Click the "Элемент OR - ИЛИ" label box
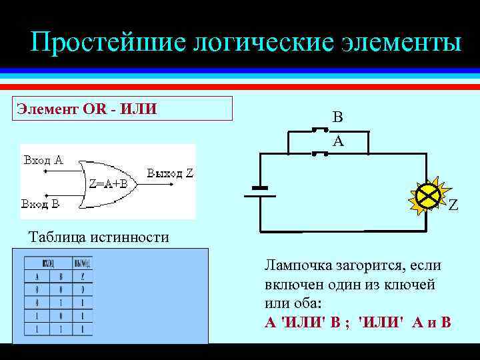[124, 108]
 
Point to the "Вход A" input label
[43, 160]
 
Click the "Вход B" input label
[41, 203]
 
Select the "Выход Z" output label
[170, 173]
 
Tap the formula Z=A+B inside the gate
[109, 185]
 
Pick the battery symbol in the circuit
[259, 191]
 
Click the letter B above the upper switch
[338, 118]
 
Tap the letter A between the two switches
[338, 141]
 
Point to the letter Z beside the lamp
[453, 206]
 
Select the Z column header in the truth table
[83, 277]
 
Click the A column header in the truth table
[37, 277]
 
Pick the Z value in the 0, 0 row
[83, 290]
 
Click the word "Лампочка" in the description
[297, 265]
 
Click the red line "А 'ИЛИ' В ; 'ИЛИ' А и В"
[358, 323]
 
